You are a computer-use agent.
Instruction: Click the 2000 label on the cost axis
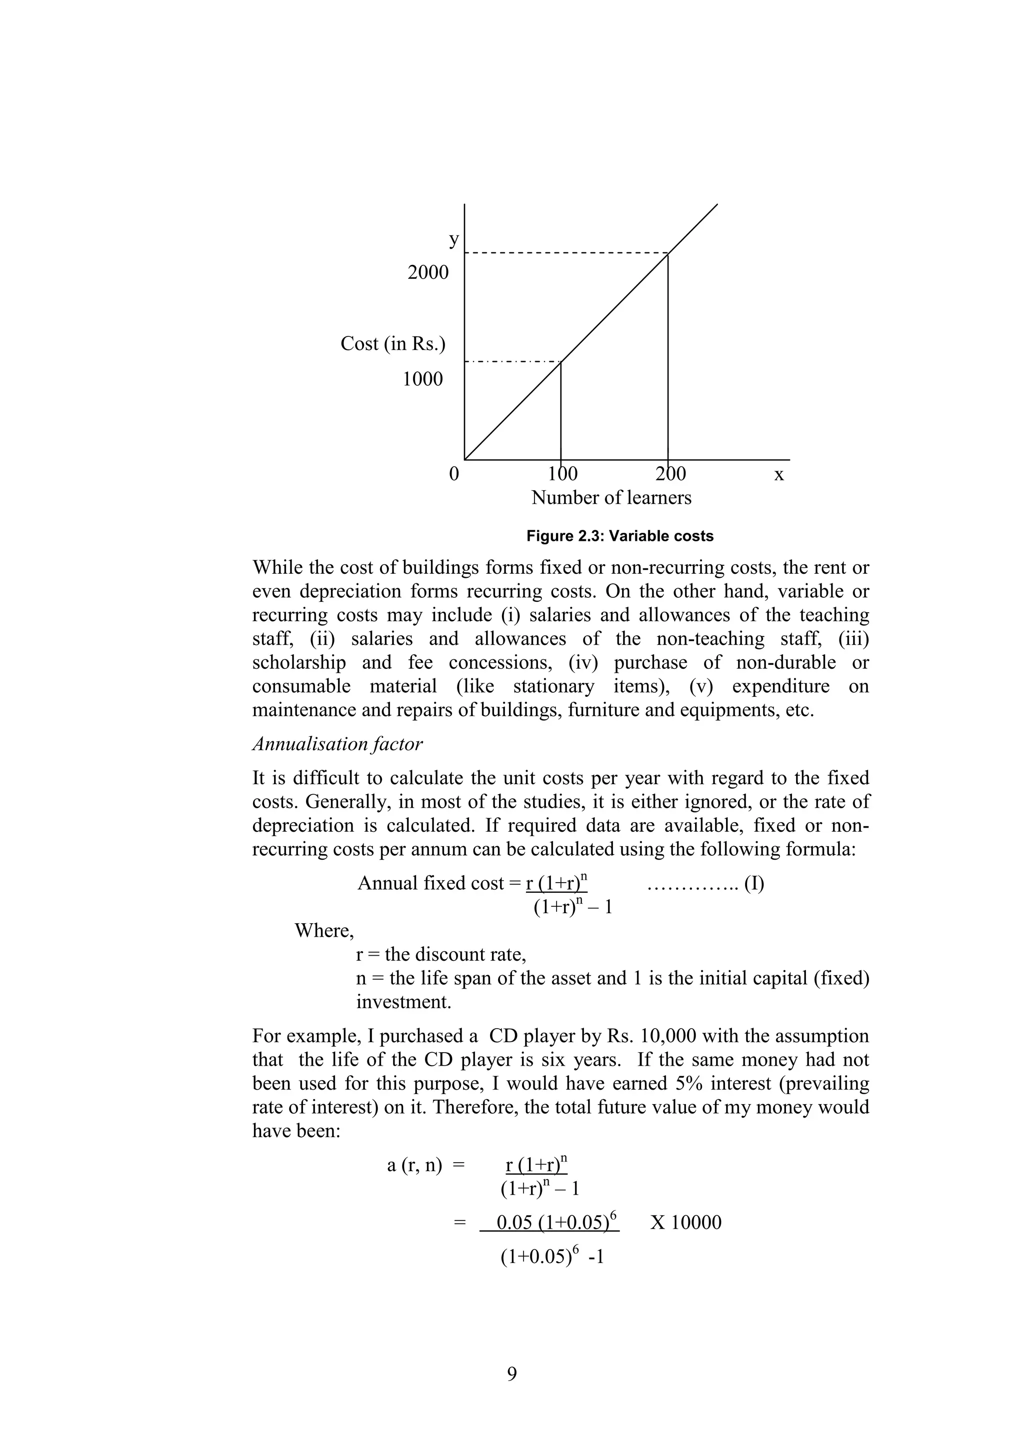[x=428, y=272]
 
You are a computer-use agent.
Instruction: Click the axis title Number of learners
[x=610, y=498]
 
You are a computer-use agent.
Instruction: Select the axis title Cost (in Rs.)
[x=392, y=344]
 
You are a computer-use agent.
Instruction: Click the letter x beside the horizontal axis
[x=778, y=474]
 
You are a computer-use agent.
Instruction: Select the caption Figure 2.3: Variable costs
[x=619, y=536]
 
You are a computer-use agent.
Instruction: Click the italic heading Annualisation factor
[x=337, y=744]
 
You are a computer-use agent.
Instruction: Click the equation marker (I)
[x=754, y=884]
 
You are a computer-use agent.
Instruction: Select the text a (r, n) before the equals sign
[x=414, y=1165]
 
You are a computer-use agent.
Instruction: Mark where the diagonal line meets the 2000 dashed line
[x=668, y=253]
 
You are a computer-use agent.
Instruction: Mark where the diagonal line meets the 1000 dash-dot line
[x=561, y=362]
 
